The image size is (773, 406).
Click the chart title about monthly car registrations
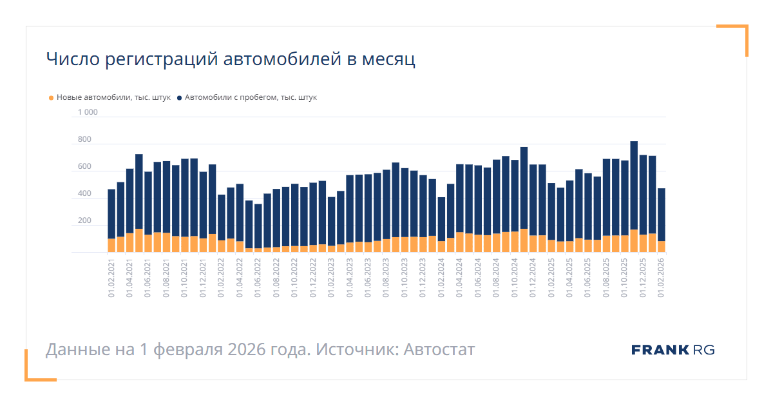click(231, 59)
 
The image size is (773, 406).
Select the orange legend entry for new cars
click(110, 98)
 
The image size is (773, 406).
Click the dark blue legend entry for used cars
click(247, 98)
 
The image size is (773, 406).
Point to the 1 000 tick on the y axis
click(88, 113)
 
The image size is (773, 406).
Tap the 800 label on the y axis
click(84, 140)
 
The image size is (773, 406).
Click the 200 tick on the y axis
click(84, 221)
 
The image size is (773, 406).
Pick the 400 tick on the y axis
click(84, 194)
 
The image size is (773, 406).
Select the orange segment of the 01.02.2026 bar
click(661, 247)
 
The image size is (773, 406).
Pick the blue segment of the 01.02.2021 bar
click(111, 213)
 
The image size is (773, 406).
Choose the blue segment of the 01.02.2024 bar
click(441, 219)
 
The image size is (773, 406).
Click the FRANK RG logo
click(673, 350)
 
